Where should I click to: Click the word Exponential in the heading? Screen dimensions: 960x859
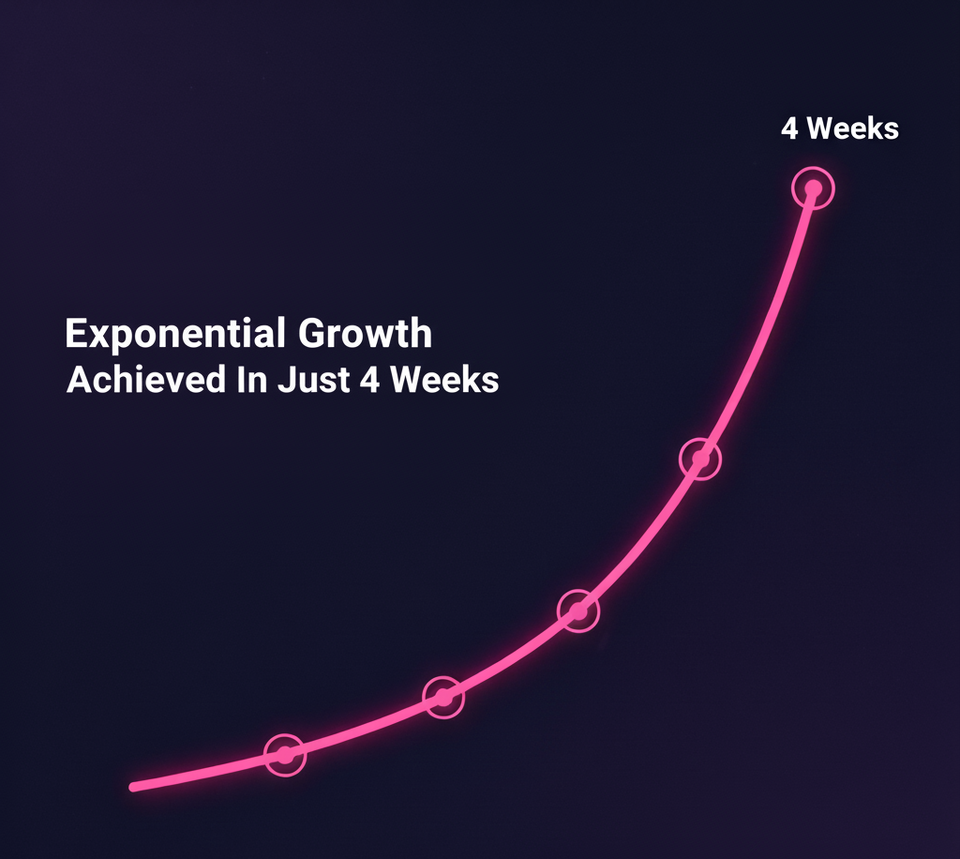click(175, 334)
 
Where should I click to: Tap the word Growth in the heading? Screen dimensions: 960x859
click(365, 333)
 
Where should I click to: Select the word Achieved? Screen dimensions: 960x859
click(146, 380)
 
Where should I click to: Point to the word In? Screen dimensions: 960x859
click(252, 380)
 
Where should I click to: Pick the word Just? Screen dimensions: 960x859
click(313, 380)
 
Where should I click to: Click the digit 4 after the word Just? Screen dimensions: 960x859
click(370, 380)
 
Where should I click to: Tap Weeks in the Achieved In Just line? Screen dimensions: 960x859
click(444, 380)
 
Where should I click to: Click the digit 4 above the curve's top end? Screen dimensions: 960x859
click(789, 128)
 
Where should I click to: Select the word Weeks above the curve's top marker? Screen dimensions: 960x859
click(853, 128)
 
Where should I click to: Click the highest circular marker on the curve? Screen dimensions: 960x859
click(813, 188)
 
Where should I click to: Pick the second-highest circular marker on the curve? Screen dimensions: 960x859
click(700, 459)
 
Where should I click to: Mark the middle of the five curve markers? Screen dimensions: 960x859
click(578, 610)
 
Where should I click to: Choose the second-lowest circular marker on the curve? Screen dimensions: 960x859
click(443, 698)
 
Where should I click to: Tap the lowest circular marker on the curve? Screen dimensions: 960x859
click(285, 755)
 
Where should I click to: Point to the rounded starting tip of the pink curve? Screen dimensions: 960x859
click(133, 787)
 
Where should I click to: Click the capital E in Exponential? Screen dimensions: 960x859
click(76, 333)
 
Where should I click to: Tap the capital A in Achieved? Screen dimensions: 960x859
click(79, 380)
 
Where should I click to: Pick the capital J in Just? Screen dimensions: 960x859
click(287, 380)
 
